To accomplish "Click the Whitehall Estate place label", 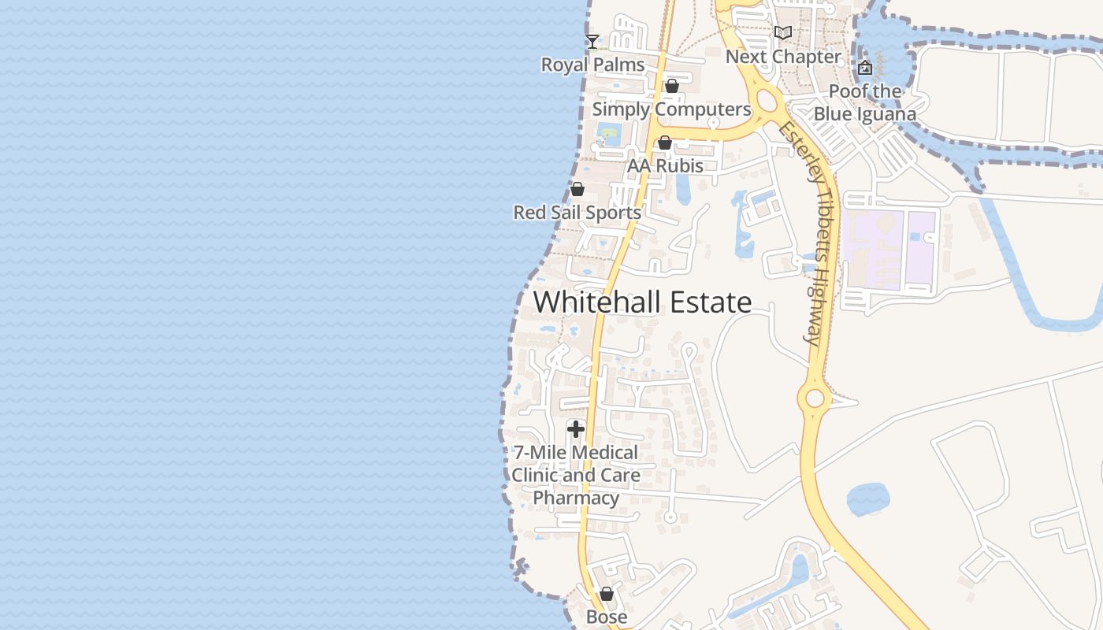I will pyautogui.click(x=642, y=302).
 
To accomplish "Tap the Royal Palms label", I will pyautogui.click(x=592, y=65).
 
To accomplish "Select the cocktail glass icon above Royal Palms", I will pyautogui.click(x=592, y=41).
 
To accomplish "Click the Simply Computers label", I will pyautogui.click(x=671, y=109).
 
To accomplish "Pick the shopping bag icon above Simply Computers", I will pyautogui.click(x=672, y=86).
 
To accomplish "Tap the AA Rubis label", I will pyautogui.click(x=665, y=166).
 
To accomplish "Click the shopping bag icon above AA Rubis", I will pyautogui.click(x=664, y=143).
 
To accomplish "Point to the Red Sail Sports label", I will pyautogui.click(x=577, y=213).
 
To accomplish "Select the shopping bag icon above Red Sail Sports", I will pyautogui.click(x=577, y=189).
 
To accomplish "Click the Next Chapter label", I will pyautogui.click(x=783, y=57).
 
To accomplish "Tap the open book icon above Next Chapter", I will pyautogui.click(x=782, y=32).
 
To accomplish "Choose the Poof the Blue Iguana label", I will pyautogui.click(x=865, y=102).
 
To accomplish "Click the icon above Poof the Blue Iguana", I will pyautogui.click(x=865, y=68).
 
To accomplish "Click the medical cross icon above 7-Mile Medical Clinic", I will pyautogui.click(x=576, y=429).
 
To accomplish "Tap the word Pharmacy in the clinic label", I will pyautogui.click(x=576, y=498).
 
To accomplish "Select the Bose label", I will pyautogui.click(x=607, y=617).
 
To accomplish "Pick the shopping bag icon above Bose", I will pyautogui.click(x=607, y=594).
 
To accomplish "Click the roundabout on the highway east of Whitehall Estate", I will pyautogui.click(x=814, y=398).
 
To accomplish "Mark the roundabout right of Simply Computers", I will pyautogui.click(x=768, y=100).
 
